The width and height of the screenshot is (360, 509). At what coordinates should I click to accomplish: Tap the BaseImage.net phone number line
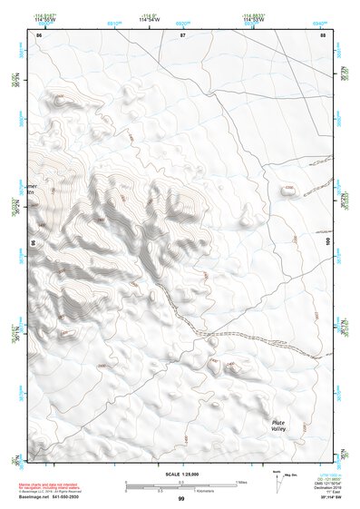tap(50, 497)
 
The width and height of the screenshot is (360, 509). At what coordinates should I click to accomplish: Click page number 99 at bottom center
tap(181, 499)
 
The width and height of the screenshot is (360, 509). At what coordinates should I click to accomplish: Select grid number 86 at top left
tap(39, 35)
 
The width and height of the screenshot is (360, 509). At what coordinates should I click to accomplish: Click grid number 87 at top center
tap(182, 35)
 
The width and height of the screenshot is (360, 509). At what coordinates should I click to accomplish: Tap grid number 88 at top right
tap(323, 35)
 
